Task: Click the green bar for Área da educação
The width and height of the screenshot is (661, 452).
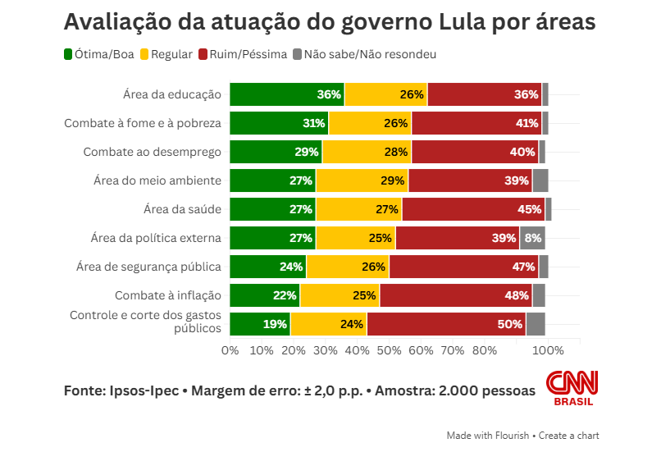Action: [x=287, y=94]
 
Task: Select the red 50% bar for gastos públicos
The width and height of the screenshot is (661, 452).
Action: [x=446, y=324]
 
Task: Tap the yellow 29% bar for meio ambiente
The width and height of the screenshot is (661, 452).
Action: [x=362, y=180]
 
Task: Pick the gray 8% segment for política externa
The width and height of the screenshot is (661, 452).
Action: [x=532, y=238]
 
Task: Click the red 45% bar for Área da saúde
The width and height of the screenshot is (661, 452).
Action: [x=473, y=209]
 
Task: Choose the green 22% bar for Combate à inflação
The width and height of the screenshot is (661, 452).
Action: [x=265, y=295]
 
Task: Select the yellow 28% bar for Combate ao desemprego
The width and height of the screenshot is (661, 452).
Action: [x=367, y=152]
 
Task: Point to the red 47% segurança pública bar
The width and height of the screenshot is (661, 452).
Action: [x=463, y=267]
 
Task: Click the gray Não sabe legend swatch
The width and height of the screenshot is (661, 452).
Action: [x=298, y=55]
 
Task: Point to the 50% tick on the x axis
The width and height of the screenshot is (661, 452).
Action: [x=389, y=350]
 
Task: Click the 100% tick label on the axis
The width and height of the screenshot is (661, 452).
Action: [x=548, y=350]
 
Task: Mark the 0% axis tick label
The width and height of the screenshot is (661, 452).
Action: [x=230, y=350]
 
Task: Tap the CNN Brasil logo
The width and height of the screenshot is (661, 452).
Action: [x=572, y=388]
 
